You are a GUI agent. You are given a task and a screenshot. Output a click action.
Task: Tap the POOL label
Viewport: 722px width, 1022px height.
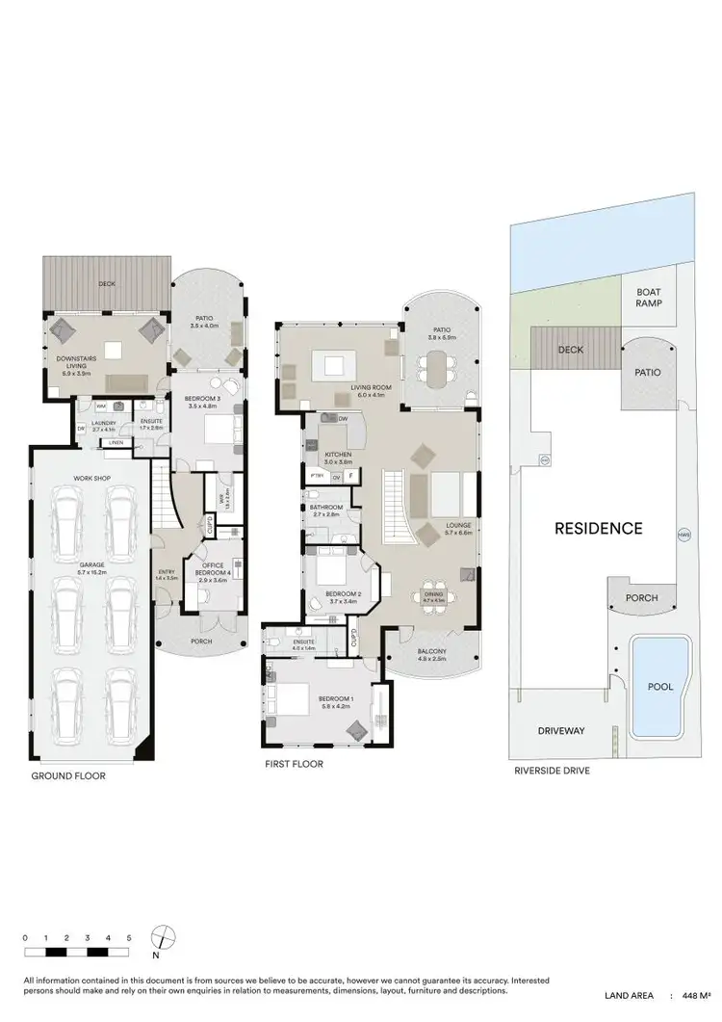[x=660, y=687]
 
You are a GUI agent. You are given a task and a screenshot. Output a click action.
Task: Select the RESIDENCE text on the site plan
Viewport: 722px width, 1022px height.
[x=597, y=528]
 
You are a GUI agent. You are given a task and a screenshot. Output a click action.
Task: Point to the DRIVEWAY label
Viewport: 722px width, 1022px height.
[x=561, y=731]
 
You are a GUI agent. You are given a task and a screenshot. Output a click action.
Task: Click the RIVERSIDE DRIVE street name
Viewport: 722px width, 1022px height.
[x=551, y=771]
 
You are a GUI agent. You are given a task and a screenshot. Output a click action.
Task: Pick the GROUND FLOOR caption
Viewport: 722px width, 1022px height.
[x=67, y=775]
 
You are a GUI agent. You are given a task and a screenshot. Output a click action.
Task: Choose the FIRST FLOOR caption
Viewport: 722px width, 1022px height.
[x=294, y=764]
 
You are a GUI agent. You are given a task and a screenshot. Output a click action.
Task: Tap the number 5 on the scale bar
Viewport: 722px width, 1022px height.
[x=128, y=937]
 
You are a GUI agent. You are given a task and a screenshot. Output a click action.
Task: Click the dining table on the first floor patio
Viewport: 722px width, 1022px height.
[x=439, y=367]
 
